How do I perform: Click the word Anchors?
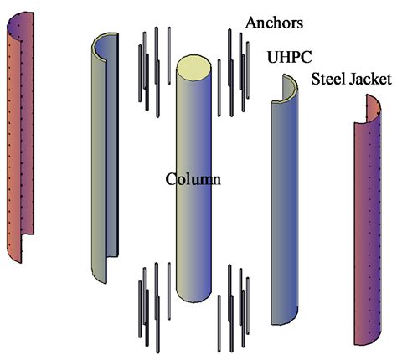274,21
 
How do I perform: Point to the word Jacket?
369,80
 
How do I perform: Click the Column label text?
193,178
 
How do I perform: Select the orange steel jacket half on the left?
21,134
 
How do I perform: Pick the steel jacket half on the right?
369,226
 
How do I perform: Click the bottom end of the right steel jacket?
366,339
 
